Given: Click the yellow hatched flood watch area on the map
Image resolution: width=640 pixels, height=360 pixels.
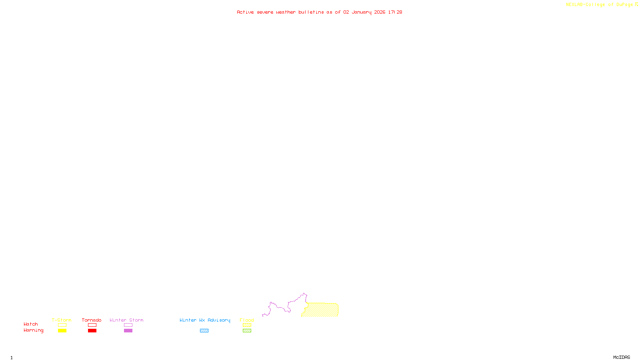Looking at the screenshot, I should point(322,310).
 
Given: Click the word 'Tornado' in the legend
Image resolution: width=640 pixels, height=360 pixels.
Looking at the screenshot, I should point(92,320).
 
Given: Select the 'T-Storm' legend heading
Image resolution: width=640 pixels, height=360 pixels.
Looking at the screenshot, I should point(62,320).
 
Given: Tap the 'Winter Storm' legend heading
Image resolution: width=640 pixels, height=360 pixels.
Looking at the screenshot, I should point(126,320).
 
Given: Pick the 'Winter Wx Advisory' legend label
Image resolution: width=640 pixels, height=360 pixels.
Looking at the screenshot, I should point(205,320).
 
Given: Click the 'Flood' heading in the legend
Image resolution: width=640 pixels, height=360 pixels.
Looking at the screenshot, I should point(247,320).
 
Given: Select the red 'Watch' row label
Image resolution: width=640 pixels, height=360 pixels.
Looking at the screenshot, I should point(31,324).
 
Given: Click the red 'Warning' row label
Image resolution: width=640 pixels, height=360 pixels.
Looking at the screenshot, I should point(33,330).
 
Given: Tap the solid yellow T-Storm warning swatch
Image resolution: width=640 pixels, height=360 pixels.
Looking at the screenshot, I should point(62,331).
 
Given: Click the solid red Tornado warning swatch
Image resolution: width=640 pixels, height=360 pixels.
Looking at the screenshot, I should point(92,331).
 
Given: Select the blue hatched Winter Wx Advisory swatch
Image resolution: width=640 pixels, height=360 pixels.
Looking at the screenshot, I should point(204,331).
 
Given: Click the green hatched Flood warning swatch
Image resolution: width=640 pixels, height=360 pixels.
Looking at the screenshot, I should point(247,331).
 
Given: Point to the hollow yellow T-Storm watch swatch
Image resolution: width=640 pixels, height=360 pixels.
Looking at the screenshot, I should point(62,325).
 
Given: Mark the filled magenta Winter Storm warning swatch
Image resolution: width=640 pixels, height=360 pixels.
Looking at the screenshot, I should point(128,331).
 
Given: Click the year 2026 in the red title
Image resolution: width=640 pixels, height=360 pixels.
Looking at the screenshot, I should point(380,12).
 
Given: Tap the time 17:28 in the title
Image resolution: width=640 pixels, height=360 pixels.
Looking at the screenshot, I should point(395,12).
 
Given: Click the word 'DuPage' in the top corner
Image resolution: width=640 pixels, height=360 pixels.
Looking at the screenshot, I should point(624,4).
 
